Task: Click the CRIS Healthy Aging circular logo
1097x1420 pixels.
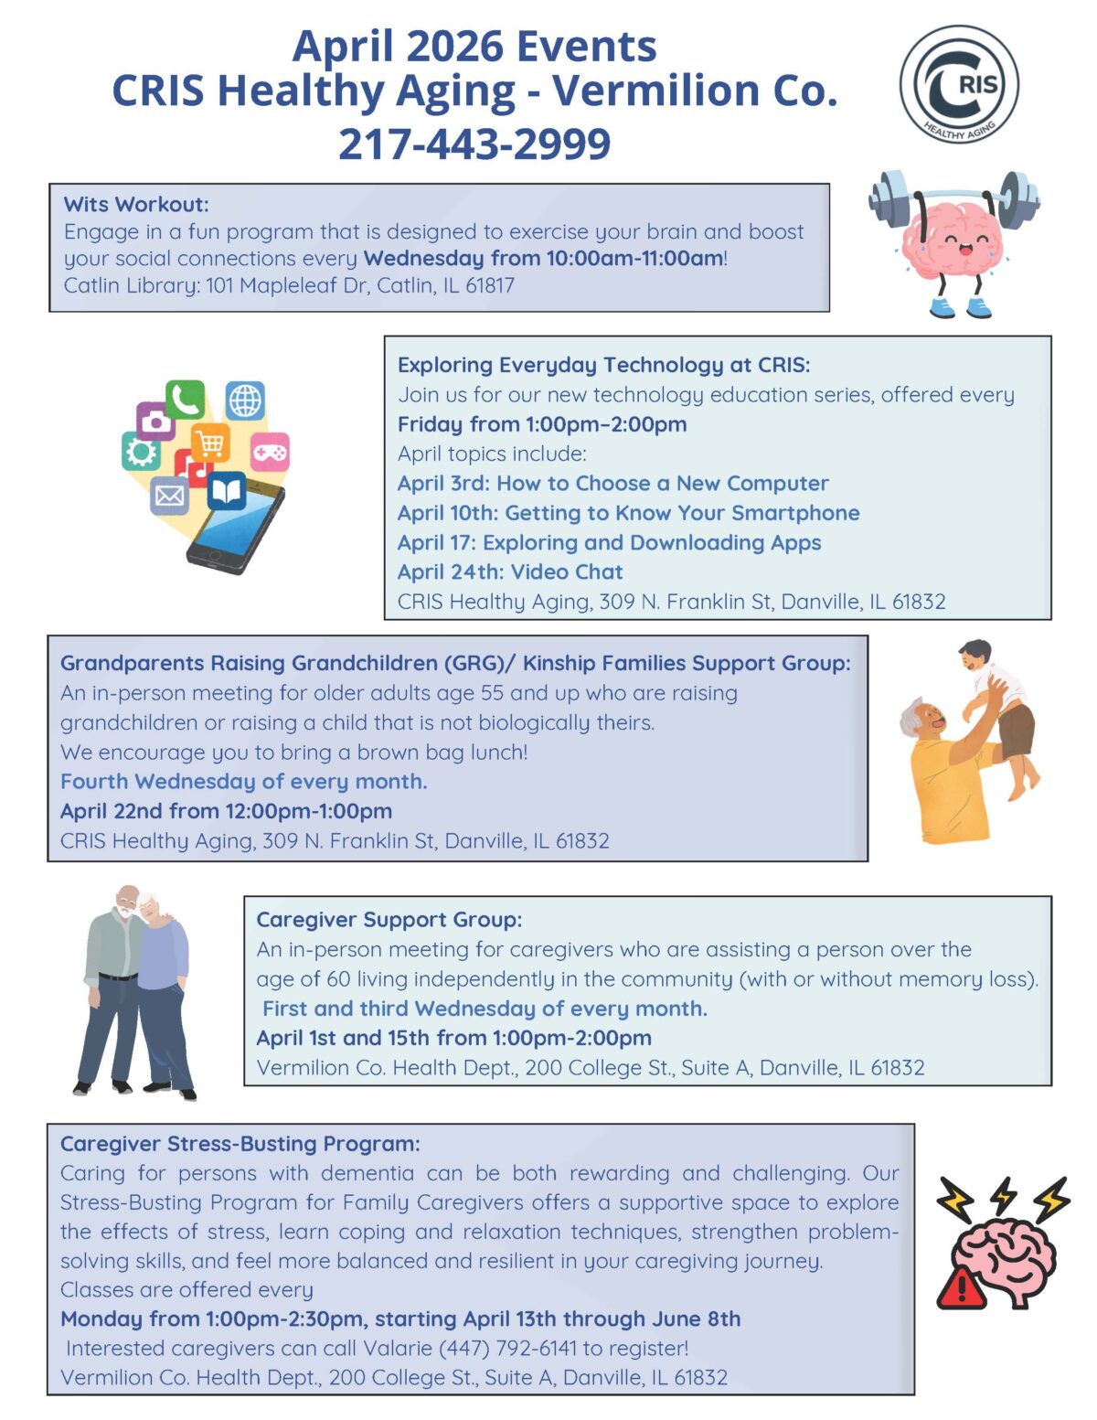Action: (x=959, y=84)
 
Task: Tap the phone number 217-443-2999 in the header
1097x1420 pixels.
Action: (x=474, y=144)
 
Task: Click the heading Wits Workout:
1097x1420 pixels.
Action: (x=136, y=204)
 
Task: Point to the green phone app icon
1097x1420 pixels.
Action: (x=185, y=400)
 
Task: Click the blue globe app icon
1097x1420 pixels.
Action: (x=245, y=400)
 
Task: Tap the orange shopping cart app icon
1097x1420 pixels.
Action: (x=210, y=444)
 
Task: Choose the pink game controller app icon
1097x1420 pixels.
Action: (x=270, y=452)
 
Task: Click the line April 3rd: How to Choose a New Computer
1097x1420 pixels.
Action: (x=612, y=483)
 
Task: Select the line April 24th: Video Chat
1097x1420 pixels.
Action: (x=510, y=571)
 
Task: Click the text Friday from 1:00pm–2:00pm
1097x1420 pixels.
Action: (x=542, y=424)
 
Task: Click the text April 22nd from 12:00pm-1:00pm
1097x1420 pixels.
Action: (x=226, y=811)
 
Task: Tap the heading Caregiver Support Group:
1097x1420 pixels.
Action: (x=389, y=920)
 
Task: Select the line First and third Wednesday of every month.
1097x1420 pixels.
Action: (x=485, y=1009)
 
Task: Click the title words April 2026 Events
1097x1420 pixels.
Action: (x=474, y=46)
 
